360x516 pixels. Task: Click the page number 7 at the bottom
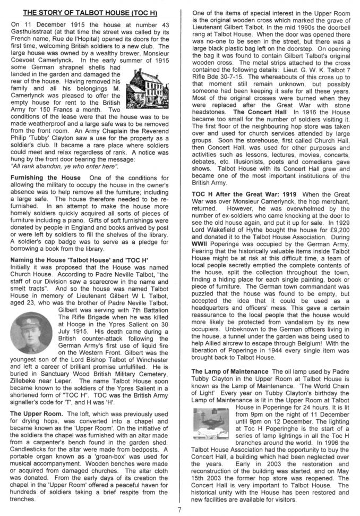tap(180, 509)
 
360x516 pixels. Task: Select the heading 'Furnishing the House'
tap(46, 177)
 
